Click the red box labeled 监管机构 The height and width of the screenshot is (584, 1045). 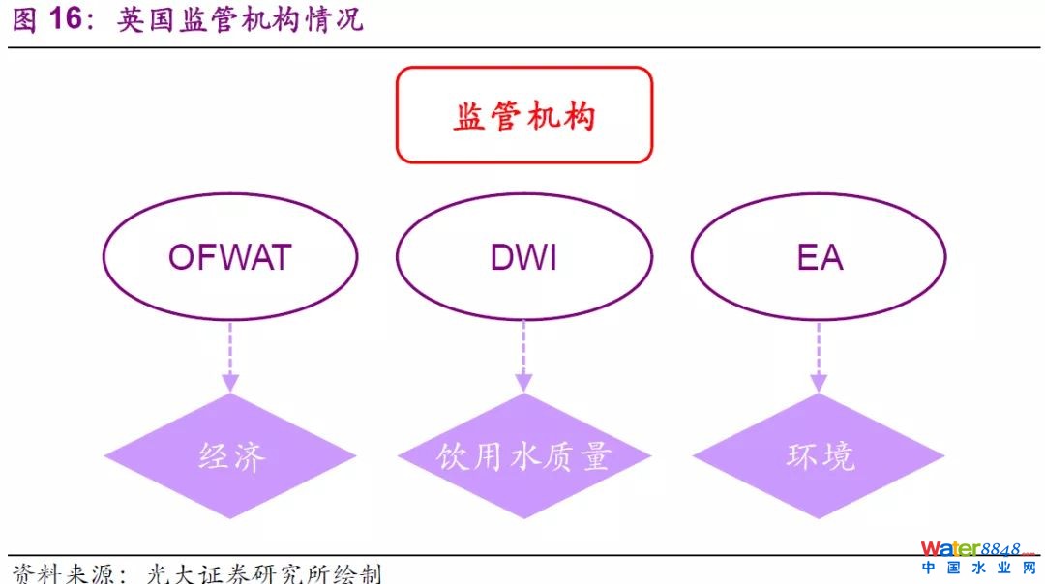coord(524,115)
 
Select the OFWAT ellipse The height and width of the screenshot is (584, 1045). coord(230,257)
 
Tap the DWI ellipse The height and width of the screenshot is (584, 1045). coord(524,257)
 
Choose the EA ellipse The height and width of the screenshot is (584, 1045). coord(819,257)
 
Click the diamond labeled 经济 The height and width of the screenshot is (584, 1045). coord(230,455)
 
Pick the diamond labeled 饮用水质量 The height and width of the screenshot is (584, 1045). coord(524,455)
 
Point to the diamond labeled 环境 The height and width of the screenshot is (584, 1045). coord(819,455)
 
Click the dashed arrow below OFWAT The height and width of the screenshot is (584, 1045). coord(230,357)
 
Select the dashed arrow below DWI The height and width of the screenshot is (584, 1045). coord(524,357)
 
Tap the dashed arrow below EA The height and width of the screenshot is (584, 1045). coord(819,357)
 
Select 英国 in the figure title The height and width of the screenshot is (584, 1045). coord(147,20)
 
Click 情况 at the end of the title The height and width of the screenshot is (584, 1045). coord(333,20)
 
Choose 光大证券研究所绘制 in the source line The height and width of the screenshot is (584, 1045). coord(263,572)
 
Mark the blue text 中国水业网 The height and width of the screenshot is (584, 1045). coord(977,569)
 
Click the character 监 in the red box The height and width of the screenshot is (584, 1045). coord(469,116)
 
